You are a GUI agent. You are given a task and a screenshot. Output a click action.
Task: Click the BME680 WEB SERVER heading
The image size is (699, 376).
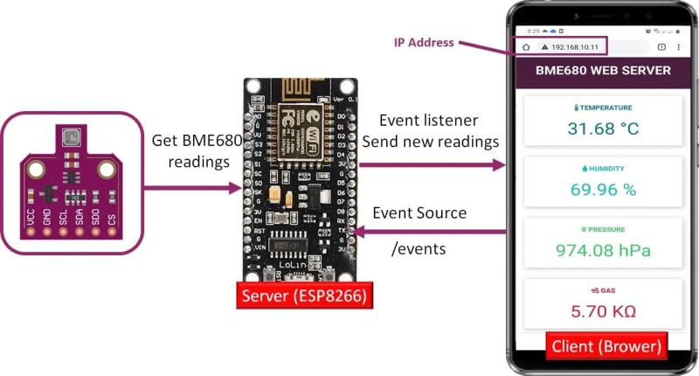[x=602, y=70]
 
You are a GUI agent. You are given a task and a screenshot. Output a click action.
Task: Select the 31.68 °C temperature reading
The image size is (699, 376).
[x=603, y=129]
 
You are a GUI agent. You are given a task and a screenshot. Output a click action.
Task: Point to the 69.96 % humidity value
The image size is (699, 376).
[x=603, y=190]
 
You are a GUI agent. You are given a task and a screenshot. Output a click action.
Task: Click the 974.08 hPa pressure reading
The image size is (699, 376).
[x=603, y=250]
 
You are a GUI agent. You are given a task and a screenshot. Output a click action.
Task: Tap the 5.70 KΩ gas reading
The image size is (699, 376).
[x=603, y=310]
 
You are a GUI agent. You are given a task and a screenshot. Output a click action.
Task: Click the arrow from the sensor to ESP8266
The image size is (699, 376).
[x=191, y=187]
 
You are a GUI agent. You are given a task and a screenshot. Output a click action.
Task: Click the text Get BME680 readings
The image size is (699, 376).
[x=191, y=151]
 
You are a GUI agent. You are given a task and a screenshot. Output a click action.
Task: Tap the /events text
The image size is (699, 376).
[x=419, y=249]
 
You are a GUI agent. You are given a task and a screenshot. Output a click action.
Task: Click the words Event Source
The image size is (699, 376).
[x=419, y=212]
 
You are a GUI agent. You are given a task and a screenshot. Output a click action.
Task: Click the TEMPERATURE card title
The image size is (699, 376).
[x=603, y=108]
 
